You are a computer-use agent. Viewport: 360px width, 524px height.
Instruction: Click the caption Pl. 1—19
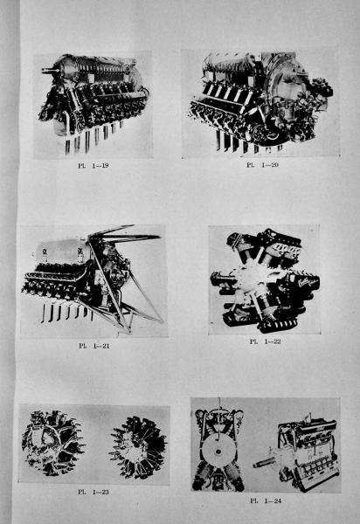click(x=93, y=165)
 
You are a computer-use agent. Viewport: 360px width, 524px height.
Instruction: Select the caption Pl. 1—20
click(x=262, y=165)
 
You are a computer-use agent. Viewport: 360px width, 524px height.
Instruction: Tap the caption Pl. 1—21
click(x=94, y=346)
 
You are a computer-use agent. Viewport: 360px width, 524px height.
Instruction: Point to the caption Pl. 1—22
click(x=265, y=341)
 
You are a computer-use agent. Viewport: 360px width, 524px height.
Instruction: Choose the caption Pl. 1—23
click(x=93, y=492)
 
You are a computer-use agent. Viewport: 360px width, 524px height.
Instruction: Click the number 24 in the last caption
click(x=276, y=500)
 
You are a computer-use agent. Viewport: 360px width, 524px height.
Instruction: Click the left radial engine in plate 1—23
click(x=52, y=443)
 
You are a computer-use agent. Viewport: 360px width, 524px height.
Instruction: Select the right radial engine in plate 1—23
click(x=138, y=448)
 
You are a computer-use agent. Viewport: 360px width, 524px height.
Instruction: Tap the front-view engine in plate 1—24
click(x=218, y=448)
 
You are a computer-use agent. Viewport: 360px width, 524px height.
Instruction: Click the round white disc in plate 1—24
click(x=218, y=452)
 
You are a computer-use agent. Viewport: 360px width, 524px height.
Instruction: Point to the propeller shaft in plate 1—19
click(x=50, y=71)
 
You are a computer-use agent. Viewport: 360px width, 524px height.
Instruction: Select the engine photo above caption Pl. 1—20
click(x=260, y=103)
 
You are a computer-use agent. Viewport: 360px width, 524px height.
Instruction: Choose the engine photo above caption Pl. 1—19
click(x=93, y=105)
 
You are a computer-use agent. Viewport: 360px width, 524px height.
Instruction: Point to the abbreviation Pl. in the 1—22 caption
click(x=253, y=341)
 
